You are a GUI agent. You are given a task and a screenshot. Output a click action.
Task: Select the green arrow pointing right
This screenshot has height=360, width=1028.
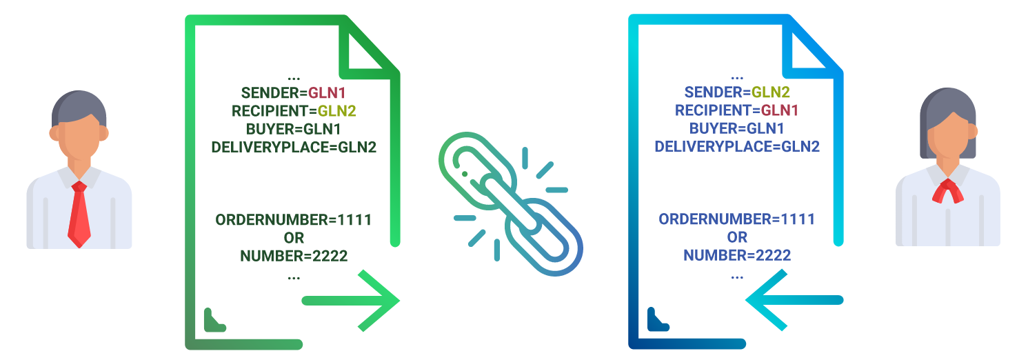(352, 301)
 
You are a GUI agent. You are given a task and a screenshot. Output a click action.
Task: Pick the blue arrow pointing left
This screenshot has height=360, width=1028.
(794, 300)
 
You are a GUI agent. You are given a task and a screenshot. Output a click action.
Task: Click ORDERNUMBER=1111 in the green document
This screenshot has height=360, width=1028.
(294, 220)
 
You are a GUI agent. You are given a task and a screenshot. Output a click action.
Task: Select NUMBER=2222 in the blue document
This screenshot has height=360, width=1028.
(737, 255)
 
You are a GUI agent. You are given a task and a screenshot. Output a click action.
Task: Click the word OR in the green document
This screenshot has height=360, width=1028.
(294, 238)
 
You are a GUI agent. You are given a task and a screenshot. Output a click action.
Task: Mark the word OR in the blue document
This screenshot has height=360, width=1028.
(737, 237)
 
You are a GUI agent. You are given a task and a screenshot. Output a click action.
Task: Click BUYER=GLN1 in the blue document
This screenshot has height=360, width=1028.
(737, 128)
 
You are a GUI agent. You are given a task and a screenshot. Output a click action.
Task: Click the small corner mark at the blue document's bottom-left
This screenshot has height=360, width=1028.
(657, 319)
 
